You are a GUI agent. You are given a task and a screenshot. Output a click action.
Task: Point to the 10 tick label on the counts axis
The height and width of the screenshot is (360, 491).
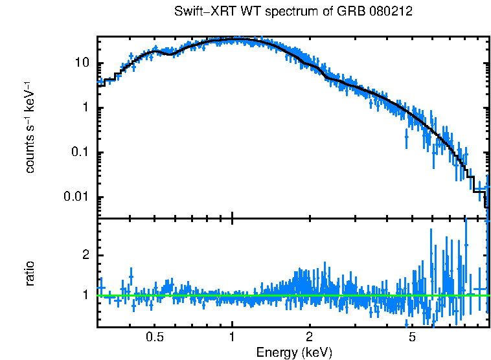(x=81, y=63)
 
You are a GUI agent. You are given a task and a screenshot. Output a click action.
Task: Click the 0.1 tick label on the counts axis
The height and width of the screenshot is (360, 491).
(x=80, y=153)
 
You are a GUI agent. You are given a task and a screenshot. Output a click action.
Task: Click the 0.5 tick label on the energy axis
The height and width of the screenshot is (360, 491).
(x=154, y=337)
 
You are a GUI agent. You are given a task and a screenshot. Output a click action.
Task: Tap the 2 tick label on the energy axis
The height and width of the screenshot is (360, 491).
(x=310, y=337)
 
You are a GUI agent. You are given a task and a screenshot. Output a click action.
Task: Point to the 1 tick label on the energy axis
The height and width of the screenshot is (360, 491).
(x=232, y=337)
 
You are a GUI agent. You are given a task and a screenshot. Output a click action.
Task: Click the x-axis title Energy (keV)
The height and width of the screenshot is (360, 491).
(x=294, y=352)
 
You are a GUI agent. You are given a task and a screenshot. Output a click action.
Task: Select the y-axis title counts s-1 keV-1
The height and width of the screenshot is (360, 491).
(x=29, y=127)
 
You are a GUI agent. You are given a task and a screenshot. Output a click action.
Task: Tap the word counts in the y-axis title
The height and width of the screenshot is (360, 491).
(x=29, y=155)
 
